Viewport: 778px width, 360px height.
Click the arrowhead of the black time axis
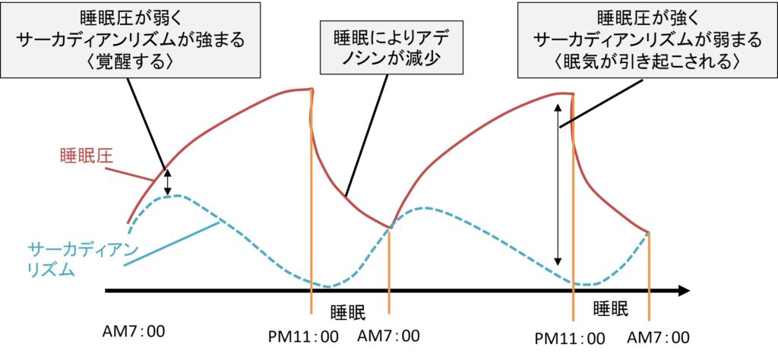pos(683,290)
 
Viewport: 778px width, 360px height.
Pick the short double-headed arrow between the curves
pos(169,181)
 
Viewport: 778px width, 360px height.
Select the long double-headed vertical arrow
pos(558,184)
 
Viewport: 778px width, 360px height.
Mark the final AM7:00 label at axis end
pos(659,337)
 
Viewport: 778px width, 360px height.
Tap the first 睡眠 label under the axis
pos(349,312)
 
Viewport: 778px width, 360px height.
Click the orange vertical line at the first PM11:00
pos(312,228)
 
